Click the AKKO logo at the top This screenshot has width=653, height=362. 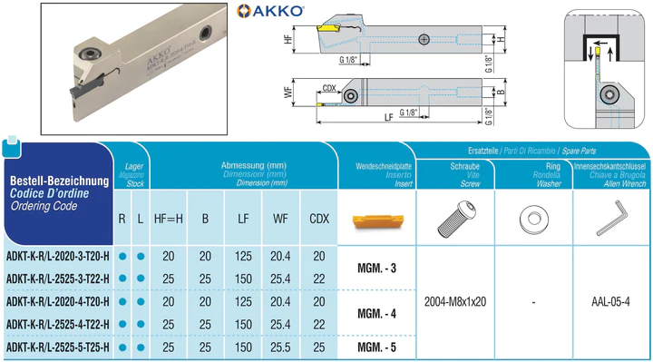click(270, 11)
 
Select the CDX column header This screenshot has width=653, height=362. click(319, 219)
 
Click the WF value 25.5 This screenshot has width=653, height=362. click(280, 347)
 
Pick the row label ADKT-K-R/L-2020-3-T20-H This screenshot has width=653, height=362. click(58, 256)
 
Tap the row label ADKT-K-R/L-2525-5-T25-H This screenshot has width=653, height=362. click(58, 347)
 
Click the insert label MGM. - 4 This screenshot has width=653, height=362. click(377, 313)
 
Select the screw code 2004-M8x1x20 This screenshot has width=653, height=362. click(455, 301)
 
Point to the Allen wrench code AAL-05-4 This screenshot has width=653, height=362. click(610, 301)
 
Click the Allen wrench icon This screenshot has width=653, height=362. click(611, 219)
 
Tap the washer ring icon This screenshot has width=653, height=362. click(534, 220)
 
